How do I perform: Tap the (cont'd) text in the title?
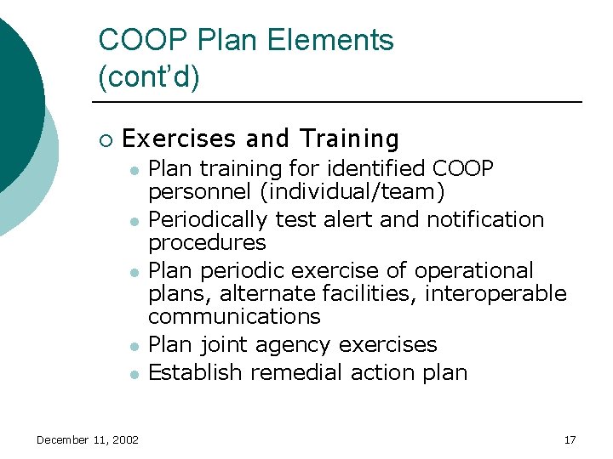[149, 77]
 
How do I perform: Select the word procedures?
[207, 243]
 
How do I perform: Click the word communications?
[234, 316]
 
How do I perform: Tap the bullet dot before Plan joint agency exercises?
[134, 346]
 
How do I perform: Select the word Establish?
[191, 371]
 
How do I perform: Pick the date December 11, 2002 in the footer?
[88, 439]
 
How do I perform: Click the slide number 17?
[570, 439]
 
